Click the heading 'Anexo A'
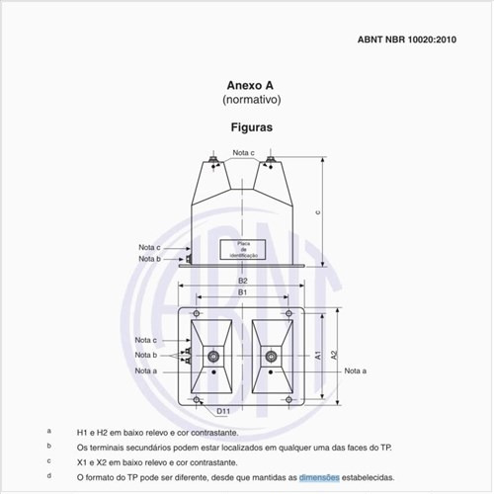(251, 86)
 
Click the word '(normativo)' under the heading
(251, 101)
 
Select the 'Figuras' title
(251, 127)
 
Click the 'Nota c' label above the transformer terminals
(244, 153)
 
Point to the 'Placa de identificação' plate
(244, 250)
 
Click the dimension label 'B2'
(243, 281)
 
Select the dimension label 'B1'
(243, 293)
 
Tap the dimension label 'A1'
(318, 354)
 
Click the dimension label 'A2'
(334, 354)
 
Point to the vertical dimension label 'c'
(317, 210)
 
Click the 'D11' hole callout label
(224, 410)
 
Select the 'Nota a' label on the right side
(356, 370)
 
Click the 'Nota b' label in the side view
(148, 259)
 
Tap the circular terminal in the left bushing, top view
(212, 356)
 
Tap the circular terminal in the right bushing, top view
(268, 356)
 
